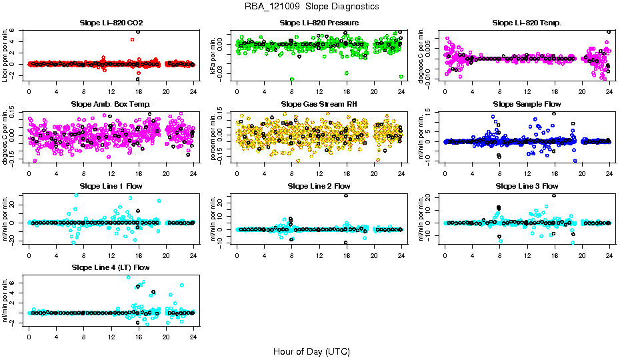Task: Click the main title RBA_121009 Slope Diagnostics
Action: pos(311,6)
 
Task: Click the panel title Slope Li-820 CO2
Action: pos(111,23)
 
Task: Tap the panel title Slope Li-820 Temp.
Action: pos(527,23)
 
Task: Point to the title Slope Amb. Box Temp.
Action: pos(111,105)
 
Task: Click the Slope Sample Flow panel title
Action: pos(527,105)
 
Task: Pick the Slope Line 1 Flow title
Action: pos(111,186)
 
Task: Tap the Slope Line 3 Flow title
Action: pos(527,186)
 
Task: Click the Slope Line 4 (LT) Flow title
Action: pos(111,268)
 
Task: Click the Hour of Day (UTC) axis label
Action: pos(311,351)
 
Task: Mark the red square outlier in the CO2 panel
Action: pos(133,39)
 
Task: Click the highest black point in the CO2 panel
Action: pos(138,31)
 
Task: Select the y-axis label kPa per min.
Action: pos(213,55)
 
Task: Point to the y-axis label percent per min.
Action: pos(213,137)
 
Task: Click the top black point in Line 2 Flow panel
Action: pos(346,195)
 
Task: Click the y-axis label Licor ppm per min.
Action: pos(5,55)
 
